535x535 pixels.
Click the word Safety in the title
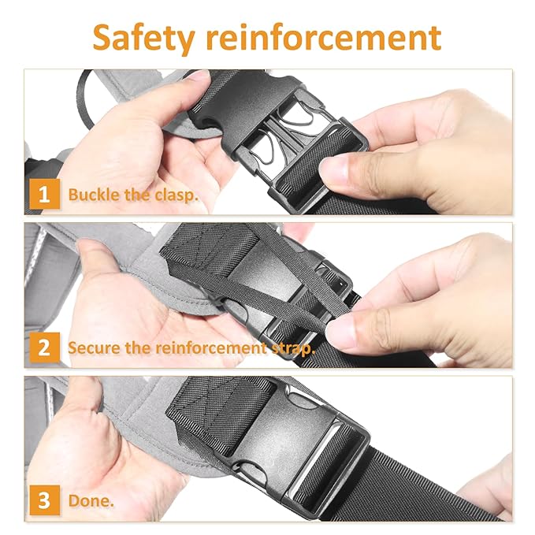click(x=143, y=38)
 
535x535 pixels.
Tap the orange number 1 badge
click(x=44, y=194)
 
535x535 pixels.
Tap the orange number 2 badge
click(x=44, y=347)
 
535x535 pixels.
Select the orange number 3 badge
click(x=44, y=500)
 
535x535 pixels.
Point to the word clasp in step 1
click(x=176, y=195)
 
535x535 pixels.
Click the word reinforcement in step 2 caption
click(x=210, y=347)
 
